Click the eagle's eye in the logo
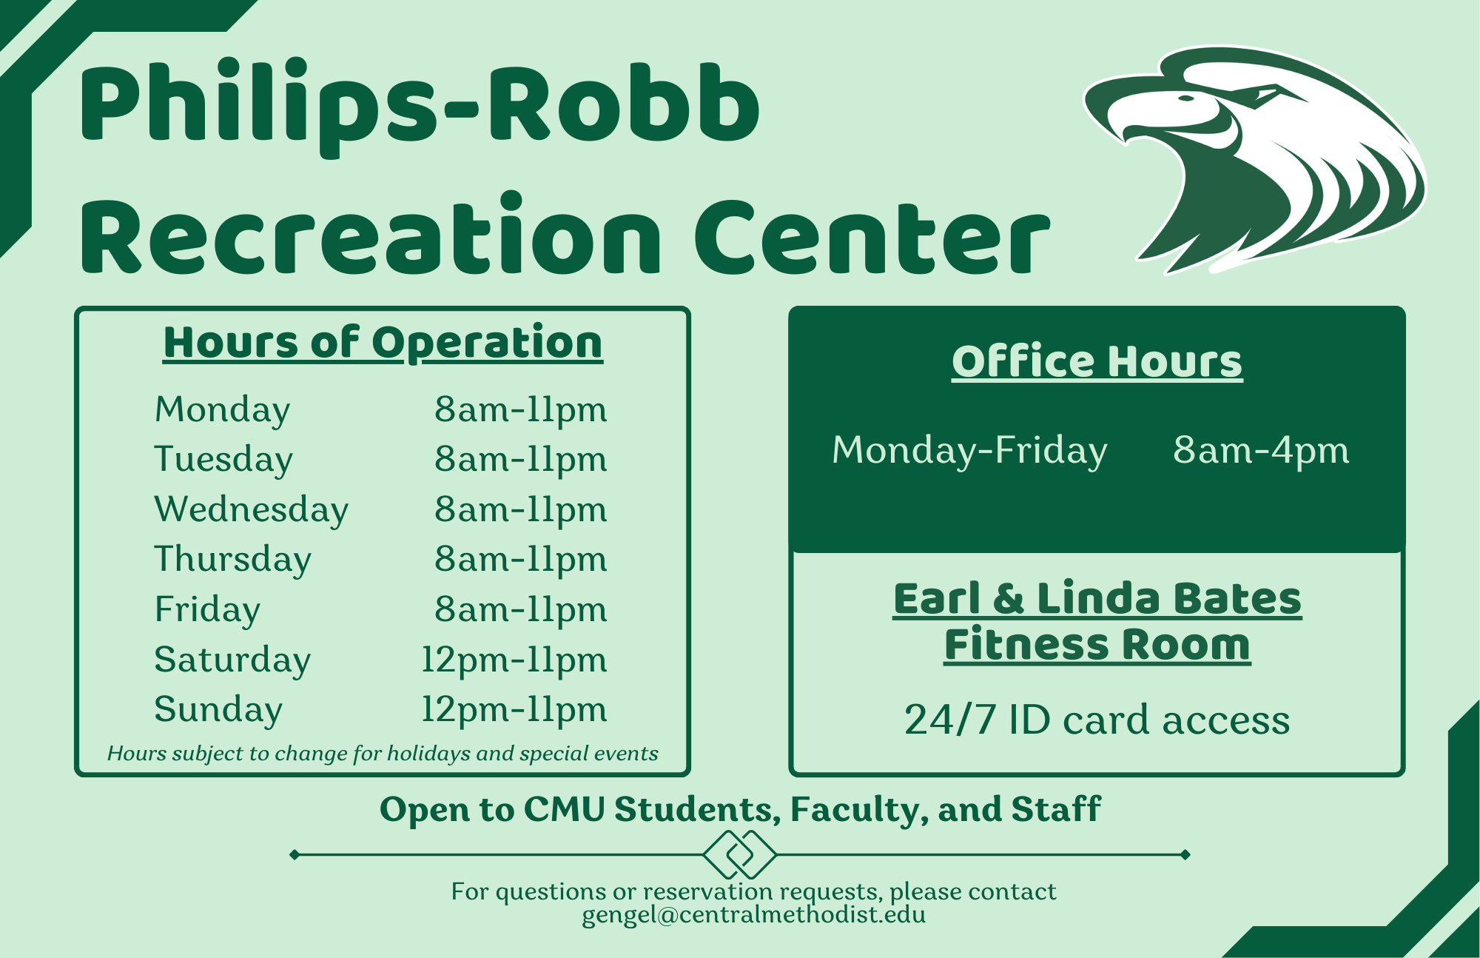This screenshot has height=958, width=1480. (x=1186, y=98)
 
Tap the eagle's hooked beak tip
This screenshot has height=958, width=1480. (x=1127, y=137)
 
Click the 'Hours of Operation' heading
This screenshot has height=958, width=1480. (x=383, y=343)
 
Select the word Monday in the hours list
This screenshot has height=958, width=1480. (x=222, y=409)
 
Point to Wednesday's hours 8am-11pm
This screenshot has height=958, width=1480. (x=520, y=509)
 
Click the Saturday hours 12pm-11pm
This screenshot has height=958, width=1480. (x=514, y=660)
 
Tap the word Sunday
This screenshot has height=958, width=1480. (x=218, y=709)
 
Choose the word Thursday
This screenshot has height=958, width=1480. (x=232, y=559)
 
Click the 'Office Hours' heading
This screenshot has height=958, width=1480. (x=1097, y=361)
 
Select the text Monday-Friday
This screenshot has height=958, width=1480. (x=969, y=450)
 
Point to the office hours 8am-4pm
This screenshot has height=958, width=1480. (x=1261, y=450)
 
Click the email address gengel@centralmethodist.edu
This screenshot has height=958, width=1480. (x=753, y=915)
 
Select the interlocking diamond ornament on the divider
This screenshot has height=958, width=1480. (x=739, y=854)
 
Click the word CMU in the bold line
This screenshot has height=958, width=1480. (x=564, y=809)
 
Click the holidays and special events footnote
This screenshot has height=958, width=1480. (x=383, y=754)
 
